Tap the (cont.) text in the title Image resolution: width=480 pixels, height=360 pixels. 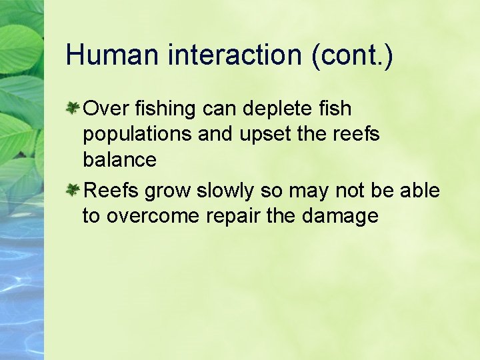pyautogui.click(x=352, y=55)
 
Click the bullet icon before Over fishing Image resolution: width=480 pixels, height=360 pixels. pyautogui.click(x=74, y=107)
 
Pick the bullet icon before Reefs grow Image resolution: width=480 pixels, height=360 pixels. pyautogui.click(x=74, y=191)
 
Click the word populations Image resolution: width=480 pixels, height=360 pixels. pyautogui.click(x=137, y=135)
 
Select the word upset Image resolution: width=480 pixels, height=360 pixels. pyautogui.click(x=265, y=135)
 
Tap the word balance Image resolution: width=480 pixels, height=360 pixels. pyautogui.click(x=119, y=160)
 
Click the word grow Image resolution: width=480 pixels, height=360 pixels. pyautogui.click(x=167, y=192)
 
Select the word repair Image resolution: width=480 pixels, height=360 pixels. pyautogui.click(x=247, y=217)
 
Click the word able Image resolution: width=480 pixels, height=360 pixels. pyautogui.click(x=420, y=191)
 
